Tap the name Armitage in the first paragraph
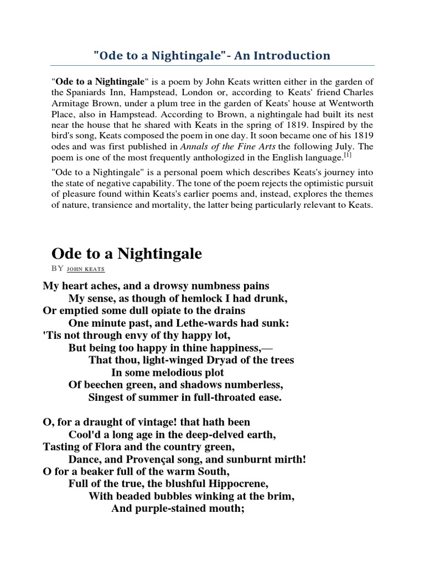72,103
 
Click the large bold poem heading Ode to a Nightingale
127,254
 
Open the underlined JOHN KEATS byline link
85,269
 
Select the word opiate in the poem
162,311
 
